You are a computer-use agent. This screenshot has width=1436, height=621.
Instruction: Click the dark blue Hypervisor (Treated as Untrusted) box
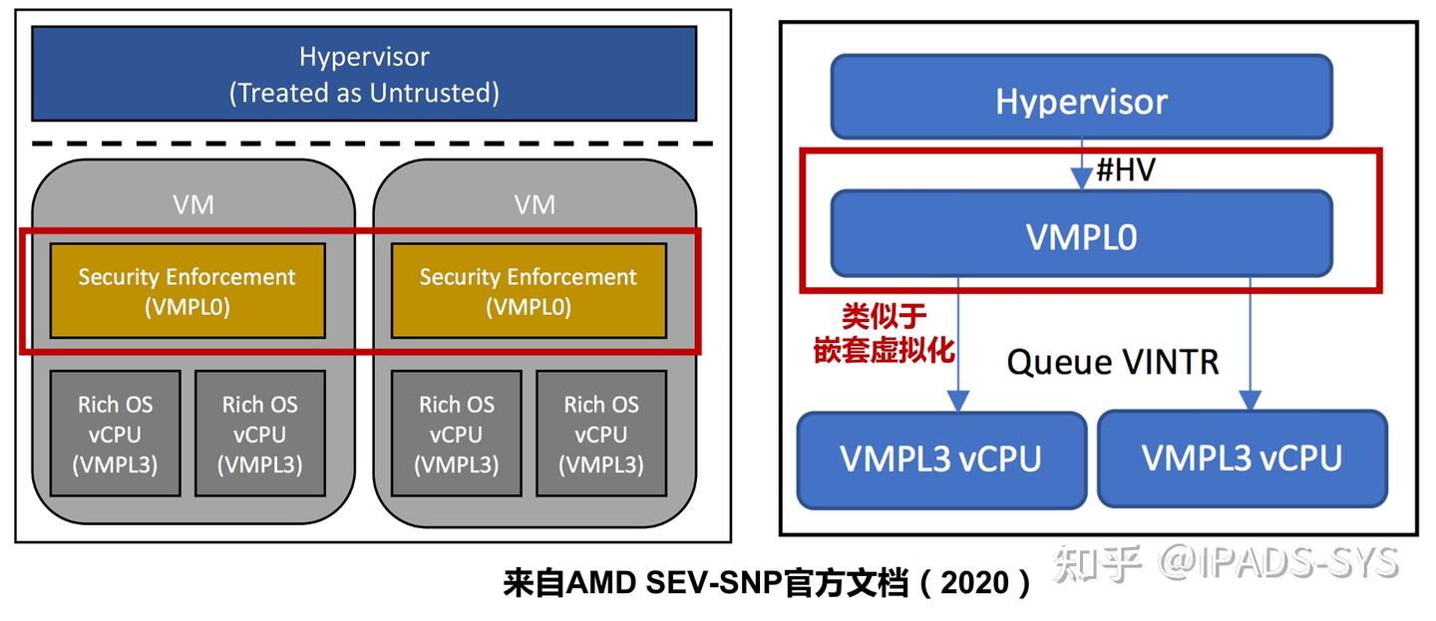click(x=364, y=73)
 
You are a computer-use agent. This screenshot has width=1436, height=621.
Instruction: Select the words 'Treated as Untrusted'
click(x=364, y=94)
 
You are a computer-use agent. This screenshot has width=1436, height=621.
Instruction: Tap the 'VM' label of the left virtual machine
click(x=193, y=205)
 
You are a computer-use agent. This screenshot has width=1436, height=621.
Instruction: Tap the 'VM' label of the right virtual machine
click(x=535, y=205)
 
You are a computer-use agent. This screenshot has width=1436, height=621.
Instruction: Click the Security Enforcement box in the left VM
click(x=187, y=291)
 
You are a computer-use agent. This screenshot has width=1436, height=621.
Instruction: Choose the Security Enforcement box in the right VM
click(x=528, y=291)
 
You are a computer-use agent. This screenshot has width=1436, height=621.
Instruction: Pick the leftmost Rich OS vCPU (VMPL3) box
click(x=116, y=434)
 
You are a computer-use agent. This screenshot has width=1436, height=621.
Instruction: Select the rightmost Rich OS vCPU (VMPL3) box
click(x=600, y=434)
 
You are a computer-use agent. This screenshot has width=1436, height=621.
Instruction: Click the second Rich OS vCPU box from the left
click(x=259, y=434)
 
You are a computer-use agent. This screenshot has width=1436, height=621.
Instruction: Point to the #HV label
click(x=1125, y=169)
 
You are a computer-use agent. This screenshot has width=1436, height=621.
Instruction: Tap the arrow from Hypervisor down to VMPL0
click(x=1081, y=165)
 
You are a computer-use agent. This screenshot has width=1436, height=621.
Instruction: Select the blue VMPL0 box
click(x=1081, y=235)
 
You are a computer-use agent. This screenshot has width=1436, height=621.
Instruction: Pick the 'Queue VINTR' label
click(x=1112, y=361)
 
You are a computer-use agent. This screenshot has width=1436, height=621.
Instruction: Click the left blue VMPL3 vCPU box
click(x=940, y=459)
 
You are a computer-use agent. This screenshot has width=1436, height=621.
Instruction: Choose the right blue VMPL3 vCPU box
click(x=1242, y=459)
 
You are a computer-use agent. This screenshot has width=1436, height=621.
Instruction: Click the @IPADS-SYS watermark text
click(x=1278, y=563)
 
